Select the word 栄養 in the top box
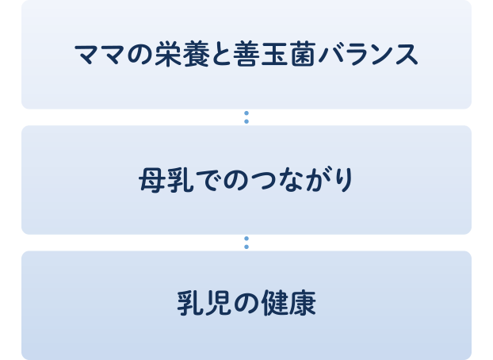[182, 54]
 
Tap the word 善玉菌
[274, 54]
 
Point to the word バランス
[369, 54]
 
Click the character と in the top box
[222, 55]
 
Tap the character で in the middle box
[209, 180]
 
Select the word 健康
[289, 303]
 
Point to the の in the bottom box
[246, 304]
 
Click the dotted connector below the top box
[246, 117]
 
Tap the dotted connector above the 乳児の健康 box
[246, 243]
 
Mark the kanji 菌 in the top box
[303, 54]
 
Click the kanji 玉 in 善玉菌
[274, 55]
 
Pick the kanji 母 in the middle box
[152, 180]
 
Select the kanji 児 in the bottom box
[219, 304]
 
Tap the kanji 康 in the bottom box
[303, 303]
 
